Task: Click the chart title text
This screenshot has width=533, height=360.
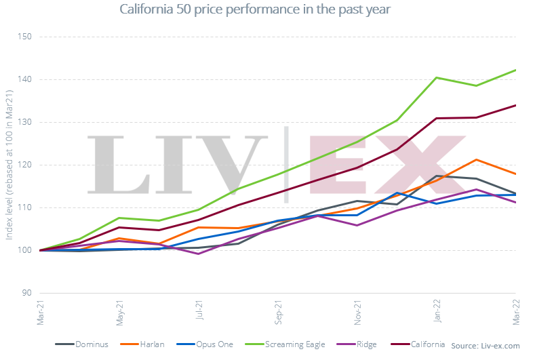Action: (x=254, y=9)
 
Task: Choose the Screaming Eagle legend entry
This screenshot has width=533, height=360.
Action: (x=293, y=344)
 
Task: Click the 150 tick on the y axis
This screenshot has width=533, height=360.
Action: (x=25, y=37)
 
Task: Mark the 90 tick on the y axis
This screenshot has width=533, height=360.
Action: (x=27, y=293)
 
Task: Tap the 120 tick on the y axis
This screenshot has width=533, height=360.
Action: (x=25, y=165)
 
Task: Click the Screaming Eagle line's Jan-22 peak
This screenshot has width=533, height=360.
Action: (x=437, y=77)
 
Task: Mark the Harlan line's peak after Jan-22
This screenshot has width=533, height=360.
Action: (x=477, y=159)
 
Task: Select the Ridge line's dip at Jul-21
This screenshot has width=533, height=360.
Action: (x=199, y=254)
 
